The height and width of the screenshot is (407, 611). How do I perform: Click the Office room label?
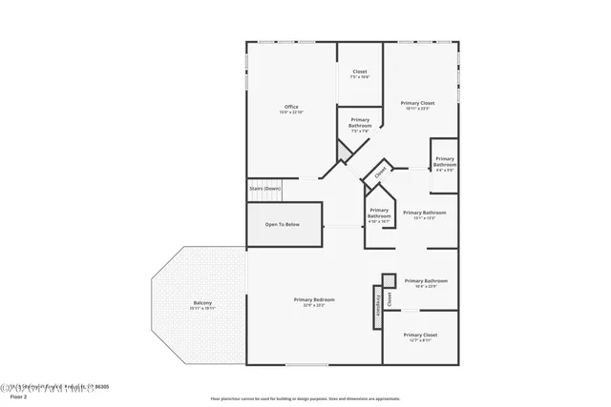click(x=291, y=106)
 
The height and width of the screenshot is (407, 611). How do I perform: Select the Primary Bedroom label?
click(x=314, y=299)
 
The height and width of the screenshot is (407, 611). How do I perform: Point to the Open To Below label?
click(x=283, y=224)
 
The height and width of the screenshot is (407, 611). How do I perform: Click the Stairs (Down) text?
click(x=265, y=189)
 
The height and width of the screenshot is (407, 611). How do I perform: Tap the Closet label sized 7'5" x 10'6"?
click(x=360, y=71)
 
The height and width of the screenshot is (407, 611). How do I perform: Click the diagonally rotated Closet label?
click(x=380, y=173)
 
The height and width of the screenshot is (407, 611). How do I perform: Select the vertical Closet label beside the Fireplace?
click(x=390, y=299)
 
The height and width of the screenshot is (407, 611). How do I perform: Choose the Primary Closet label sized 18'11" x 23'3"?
click(x=417, y=103)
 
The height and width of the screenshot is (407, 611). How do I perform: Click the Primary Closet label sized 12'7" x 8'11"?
click(x=420, y=335)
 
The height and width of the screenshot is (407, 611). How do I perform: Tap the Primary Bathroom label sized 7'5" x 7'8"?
click(x=360, y=123)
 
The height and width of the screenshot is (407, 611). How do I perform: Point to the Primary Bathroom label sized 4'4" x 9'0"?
click(x=445, y=161)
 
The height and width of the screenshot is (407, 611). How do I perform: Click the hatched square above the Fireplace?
click(x=389, y=279)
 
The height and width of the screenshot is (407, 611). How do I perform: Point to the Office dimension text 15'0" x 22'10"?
click(x=291, y=112)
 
